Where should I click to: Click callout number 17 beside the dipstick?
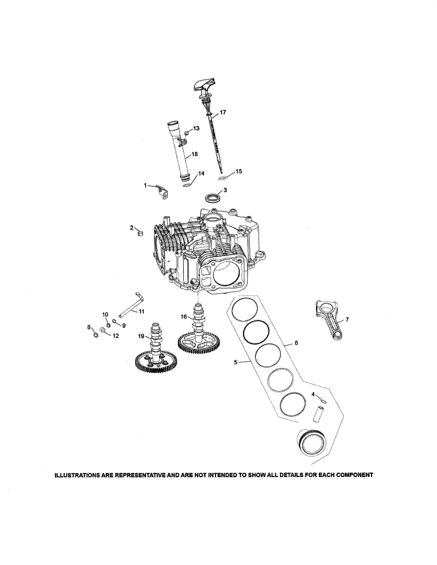click(x=223, y=112)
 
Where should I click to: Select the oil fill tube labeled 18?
click(x=179, y=153)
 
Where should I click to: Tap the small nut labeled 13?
click(x=186, y=133)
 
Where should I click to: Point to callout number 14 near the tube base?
click(x=201, y=173)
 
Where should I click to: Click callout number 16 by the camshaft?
click(x=184, y=317)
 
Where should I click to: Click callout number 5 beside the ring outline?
click(x=236, y=362)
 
